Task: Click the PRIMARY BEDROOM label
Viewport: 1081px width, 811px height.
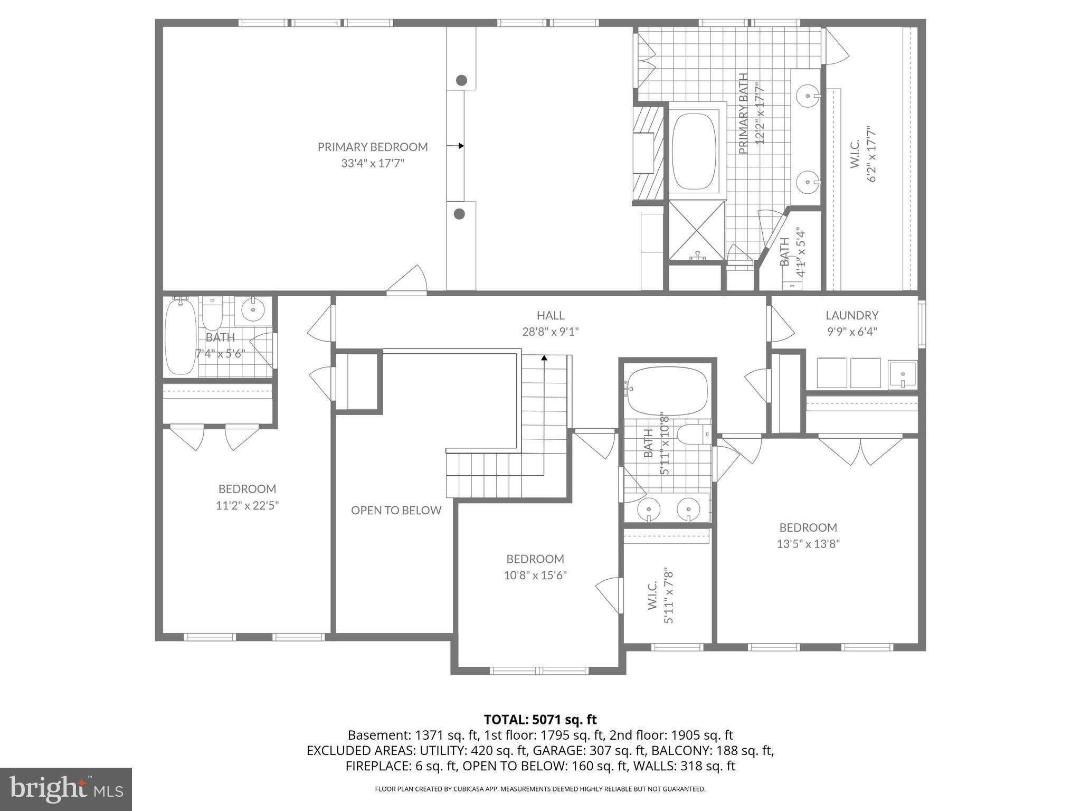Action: pyautogui.click(x=372, y=147)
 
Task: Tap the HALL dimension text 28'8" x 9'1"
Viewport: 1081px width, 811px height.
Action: pyautogui.click(x=550, y=332)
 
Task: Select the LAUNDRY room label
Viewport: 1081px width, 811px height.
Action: pyautogui.click(x=851, y=315)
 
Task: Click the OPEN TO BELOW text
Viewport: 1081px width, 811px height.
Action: pyautogui.click(x=396, y=510)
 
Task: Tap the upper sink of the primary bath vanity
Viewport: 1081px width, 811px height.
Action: pyautogui.click(x=808, y=97)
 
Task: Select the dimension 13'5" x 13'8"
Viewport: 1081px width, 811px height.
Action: pyautogui.click(x=808, y=544)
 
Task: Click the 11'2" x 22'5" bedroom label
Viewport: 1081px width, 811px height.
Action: pyautogui.click(x=247, y=505)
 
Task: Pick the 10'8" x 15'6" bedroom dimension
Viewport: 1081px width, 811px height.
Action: pyautogui.click(x=535, y=575)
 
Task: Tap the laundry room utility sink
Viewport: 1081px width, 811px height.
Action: pyautogui.click(x=902, y=374)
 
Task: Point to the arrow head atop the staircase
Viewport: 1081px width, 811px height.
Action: pyautogui.click(x=544, y=358)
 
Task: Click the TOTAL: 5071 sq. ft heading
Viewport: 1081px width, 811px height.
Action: pyautogui.click(x=540, y=720)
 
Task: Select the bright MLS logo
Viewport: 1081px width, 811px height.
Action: pyautogui.click(x=65, y=789)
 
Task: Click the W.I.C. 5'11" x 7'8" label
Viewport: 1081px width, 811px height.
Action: pyautogui.click(x=660, y=597)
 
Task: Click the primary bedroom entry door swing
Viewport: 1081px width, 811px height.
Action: pyautogui.click(x=409, y=280)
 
